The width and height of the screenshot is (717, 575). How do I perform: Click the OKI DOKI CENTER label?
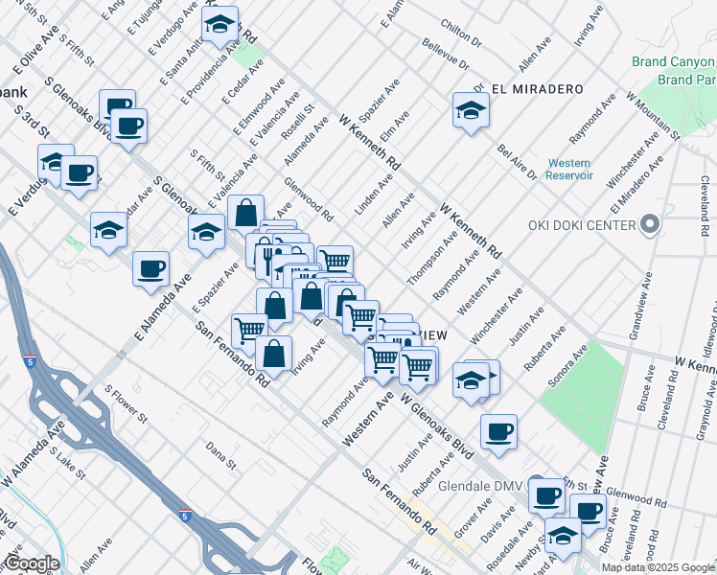click(x=582, y=225)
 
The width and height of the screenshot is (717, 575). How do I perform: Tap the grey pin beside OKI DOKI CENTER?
click(x=650, y=225)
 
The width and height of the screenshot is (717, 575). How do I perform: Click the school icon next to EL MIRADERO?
click(x=471, y=109)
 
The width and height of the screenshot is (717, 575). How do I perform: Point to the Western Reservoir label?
click(x=569, y=169)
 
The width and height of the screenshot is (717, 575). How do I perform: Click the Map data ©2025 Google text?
click(x=657, y=567)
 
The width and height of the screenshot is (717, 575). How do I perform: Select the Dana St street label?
click(x=220, y=454)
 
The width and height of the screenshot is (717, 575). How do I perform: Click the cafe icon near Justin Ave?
click(x=497, y=431)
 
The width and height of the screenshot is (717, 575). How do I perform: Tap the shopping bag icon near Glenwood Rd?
click(x=246, y=213)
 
